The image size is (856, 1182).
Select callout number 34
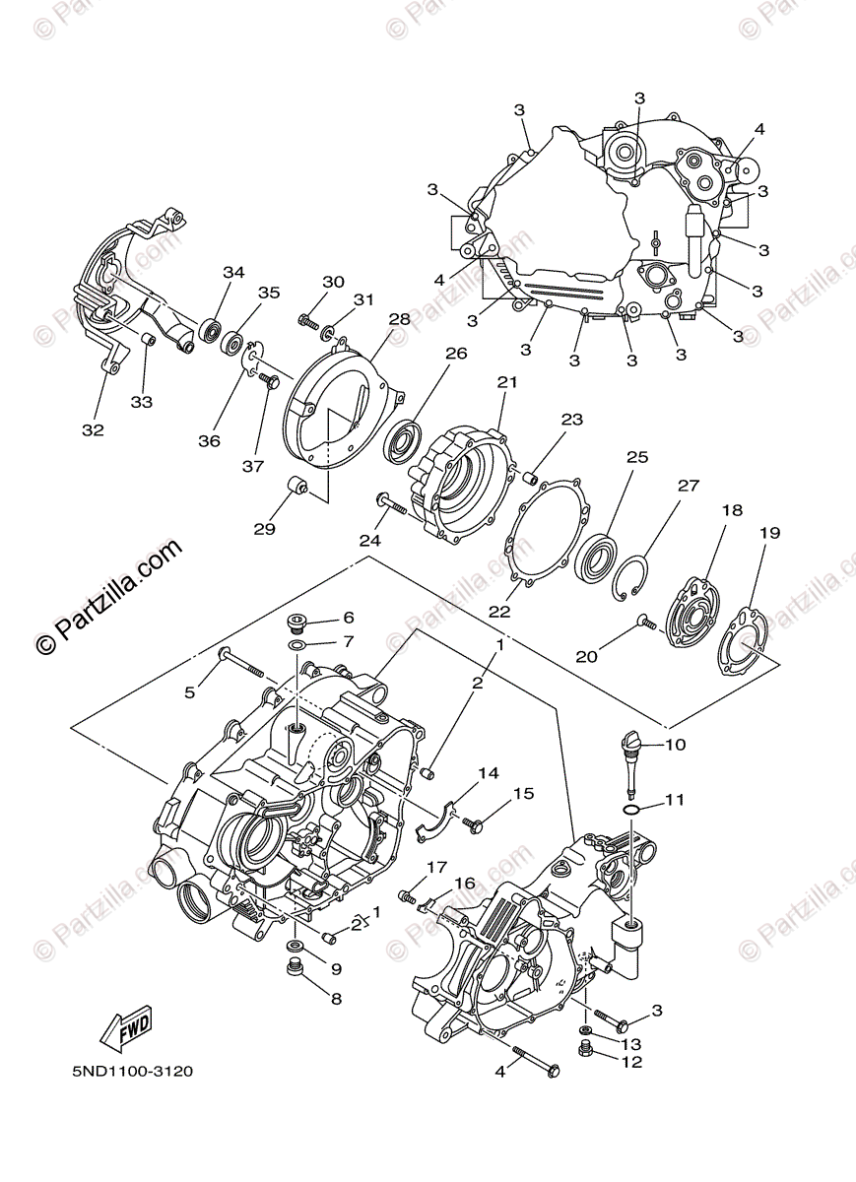[232, 272]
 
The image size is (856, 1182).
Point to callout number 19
[769, 533]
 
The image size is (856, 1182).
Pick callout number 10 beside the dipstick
[675, 745]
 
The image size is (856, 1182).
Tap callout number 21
[506, 382]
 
